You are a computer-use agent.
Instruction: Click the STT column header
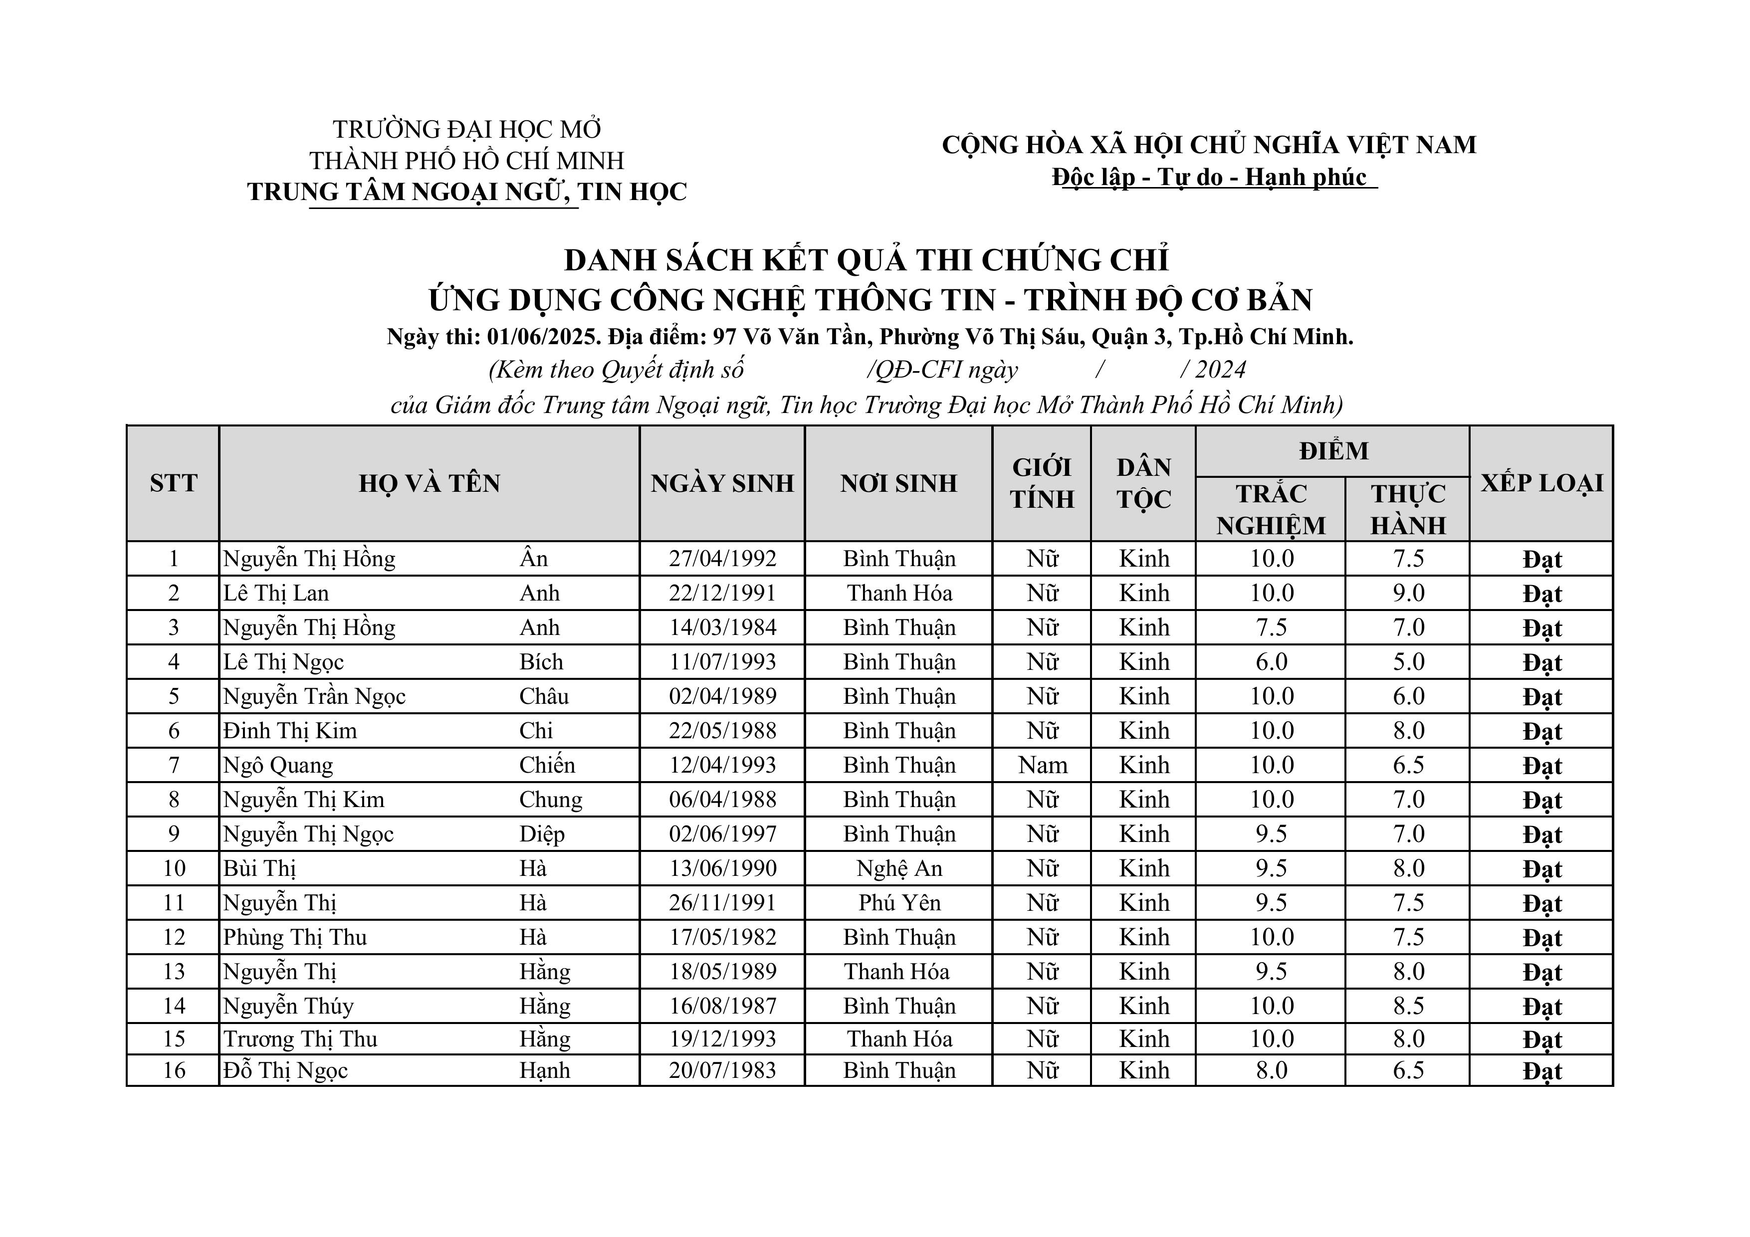[173, 483]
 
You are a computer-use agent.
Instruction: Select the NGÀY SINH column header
[722, 483]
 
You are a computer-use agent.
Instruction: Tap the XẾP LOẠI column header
[1541, 483]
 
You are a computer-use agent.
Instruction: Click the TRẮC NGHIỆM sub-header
[1271, 509]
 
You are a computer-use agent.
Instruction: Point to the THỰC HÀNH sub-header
[1408, 509]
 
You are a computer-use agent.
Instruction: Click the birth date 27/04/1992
[722, 559]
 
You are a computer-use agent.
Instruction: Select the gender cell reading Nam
[1042, 765]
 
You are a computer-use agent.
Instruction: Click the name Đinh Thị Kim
[290, 731]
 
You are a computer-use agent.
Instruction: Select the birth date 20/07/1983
[722, 1070]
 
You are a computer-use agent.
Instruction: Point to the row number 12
[174, 937]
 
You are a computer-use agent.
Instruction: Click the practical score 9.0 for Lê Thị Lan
[1408, 593]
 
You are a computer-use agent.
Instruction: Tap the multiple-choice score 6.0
[1271, 661]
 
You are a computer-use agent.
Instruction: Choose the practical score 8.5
[1408, 1006]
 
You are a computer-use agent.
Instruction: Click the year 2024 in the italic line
[1220, 370]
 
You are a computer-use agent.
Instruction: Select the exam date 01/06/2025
[543, 337]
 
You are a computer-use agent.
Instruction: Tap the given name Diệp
[542, 834]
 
